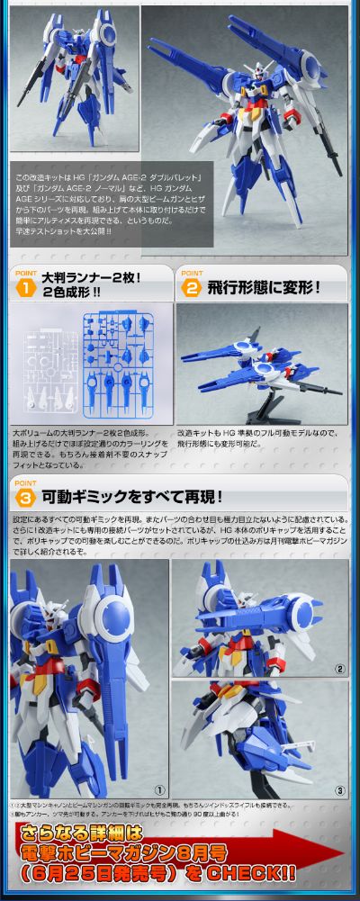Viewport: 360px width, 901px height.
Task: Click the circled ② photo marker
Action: pos(338,668)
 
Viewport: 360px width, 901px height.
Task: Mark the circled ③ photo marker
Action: pos(338,789)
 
